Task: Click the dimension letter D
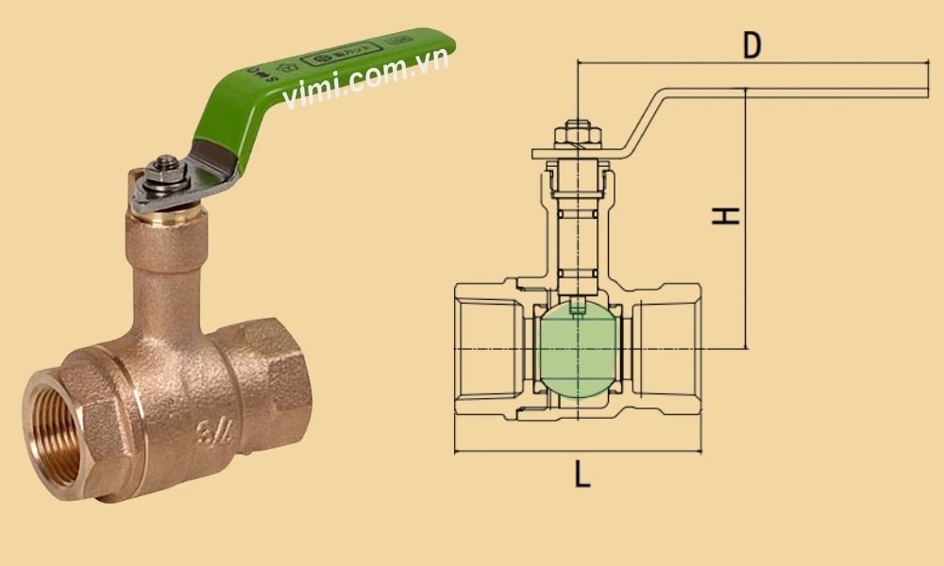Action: [751, 44]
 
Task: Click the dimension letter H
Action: [725, 216]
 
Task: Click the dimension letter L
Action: [582, 475]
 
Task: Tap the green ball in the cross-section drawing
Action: [577, 350]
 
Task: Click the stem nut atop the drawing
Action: [577, 133]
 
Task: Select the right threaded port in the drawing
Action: [666, 350]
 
